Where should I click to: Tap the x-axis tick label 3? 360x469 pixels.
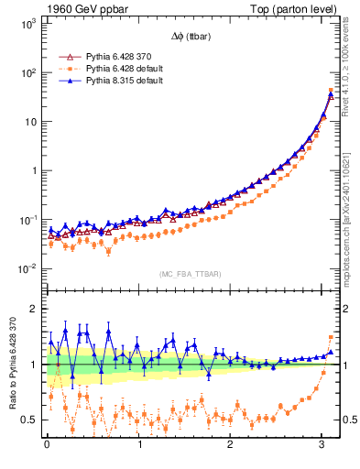323,445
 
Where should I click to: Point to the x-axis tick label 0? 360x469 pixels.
47,445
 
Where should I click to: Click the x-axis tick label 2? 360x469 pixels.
231,445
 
